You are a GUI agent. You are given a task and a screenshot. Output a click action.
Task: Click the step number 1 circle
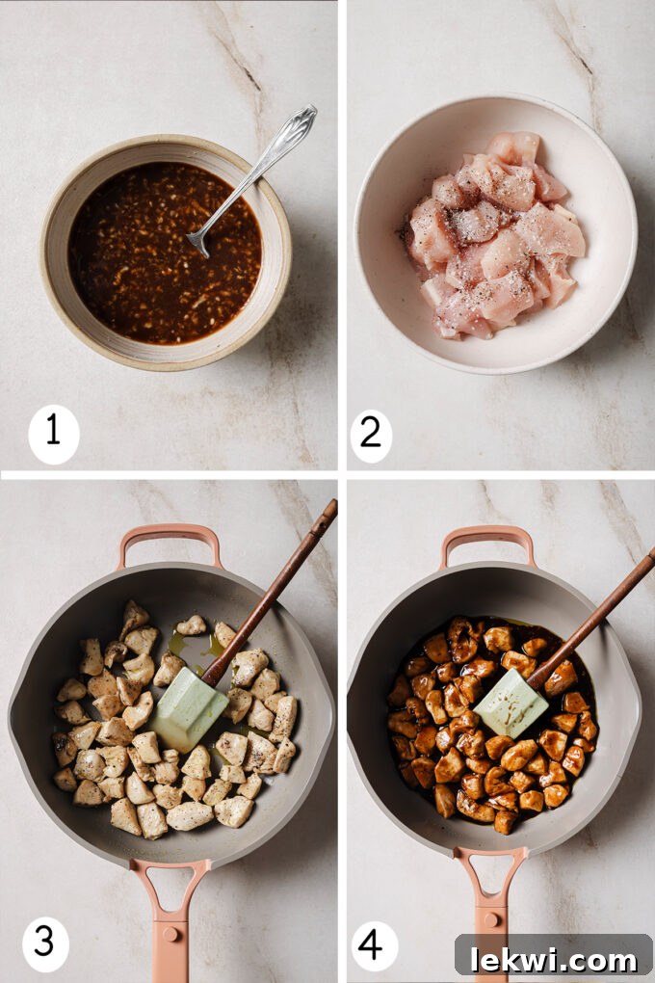pyautogui.click(x=53, y=434)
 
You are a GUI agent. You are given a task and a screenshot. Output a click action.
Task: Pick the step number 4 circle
pyautogui.click(x=372, y=943)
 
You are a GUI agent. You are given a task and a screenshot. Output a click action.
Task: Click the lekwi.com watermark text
pyautogui.click(x=553, y=958)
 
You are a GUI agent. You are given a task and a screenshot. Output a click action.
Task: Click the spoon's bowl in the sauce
pyautogui.click(x=198, y=242)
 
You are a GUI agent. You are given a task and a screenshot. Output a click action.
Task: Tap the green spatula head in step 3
pyautogui.click(x=189, y=709)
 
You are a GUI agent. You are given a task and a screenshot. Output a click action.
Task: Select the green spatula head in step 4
pyautogui.click(x=511, y=704)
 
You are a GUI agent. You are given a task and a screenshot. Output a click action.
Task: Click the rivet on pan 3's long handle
pyautogui.click(x=170, y=932)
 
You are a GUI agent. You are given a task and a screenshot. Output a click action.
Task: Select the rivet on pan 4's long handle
pyautogui.click(x=489, y=933)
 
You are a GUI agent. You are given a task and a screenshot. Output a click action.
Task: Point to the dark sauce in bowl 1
pyautogui.click(x=135, y=260)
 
